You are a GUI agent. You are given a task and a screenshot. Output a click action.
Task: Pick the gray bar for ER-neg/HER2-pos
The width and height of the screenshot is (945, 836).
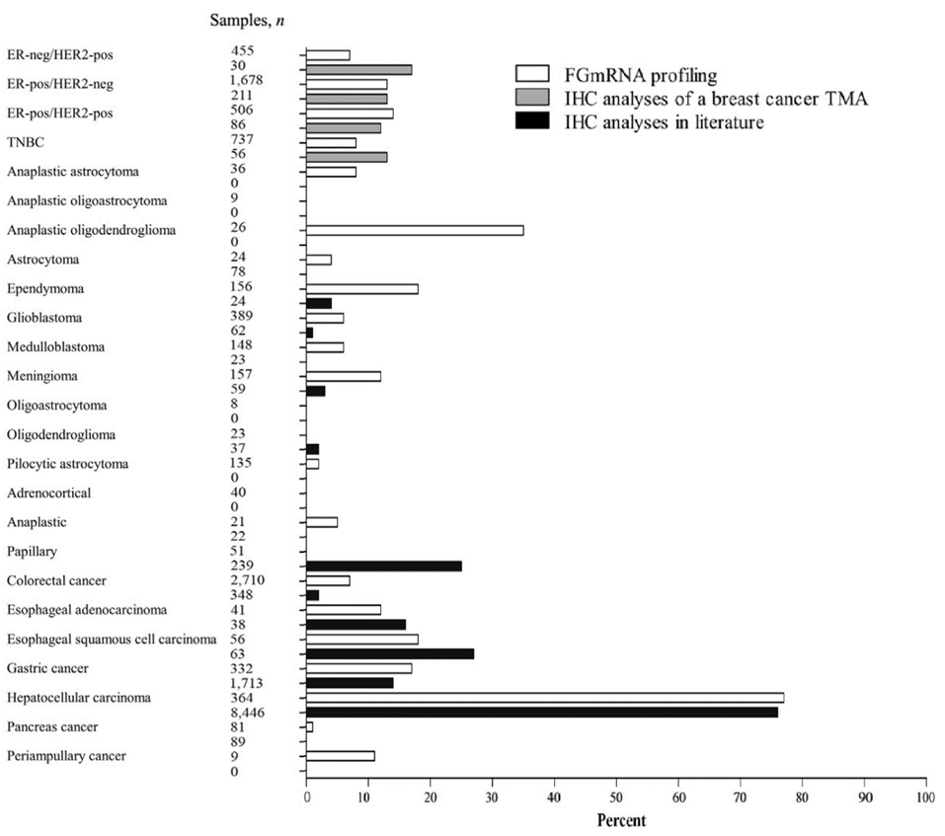[x=358, y=69]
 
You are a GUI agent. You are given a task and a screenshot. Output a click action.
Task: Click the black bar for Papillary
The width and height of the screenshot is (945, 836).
[x=384, y=566]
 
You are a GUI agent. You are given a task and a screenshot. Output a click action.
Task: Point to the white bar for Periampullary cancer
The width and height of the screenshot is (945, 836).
[x=341, y=756]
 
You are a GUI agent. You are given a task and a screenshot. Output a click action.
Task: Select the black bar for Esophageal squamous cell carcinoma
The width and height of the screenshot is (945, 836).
[x=390, y=653]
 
